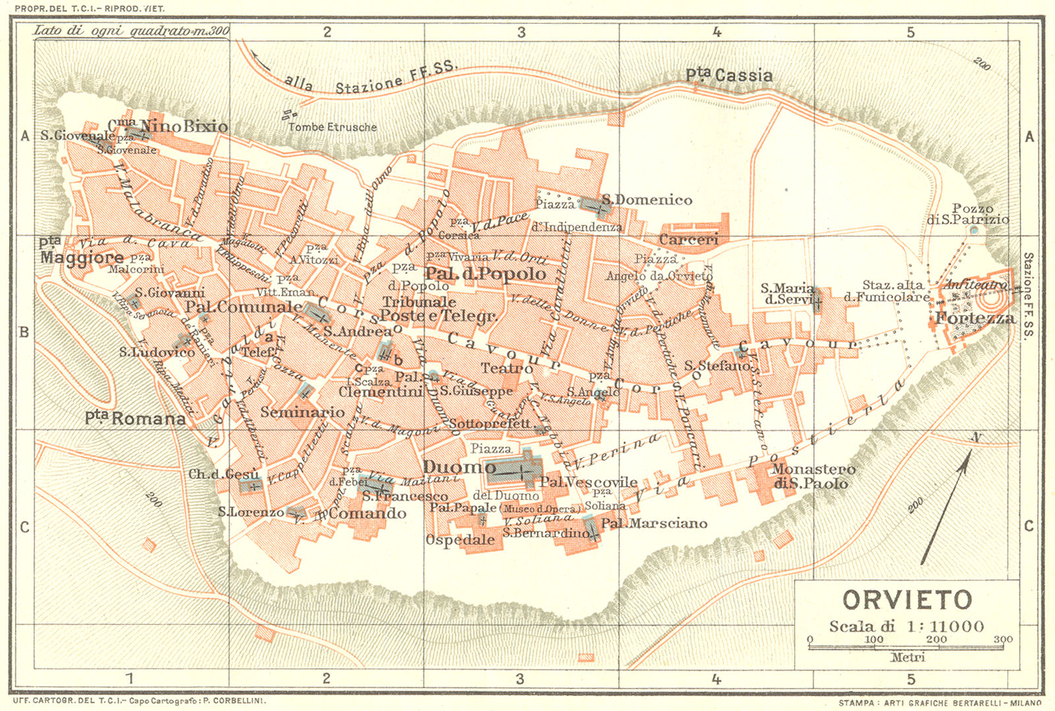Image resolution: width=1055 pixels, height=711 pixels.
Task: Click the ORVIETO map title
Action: coord(907,600)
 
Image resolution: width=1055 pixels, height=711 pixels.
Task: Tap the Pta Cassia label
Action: coord(729,75)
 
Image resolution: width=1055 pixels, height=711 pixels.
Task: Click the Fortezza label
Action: coord(975,319)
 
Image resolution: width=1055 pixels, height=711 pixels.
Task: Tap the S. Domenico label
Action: coord(646,200)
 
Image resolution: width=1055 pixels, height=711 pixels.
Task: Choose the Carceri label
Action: coord(688,239)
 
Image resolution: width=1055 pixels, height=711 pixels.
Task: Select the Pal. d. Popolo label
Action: coord(485,274)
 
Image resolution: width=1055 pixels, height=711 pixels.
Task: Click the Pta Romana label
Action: coord(135,418)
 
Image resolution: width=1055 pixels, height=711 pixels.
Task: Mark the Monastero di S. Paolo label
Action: coord(813,476)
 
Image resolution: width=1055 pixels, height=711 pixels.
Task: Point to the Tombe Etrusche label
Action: coord(332,127)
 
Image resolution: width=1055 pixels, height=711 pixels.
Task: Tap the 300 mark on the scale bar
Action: coord(1003,639)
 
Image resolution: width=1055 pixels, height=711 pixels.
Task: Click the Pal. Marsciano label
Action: coord(653,524)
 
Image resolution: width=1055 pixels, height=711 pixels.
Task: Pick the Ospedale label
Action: coord(460,540)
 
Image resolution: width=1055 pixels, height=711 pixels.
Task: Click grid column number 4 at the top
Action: coord(717,32)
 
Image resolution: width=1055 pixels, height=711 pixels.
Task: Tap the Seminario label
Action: coord(302,412)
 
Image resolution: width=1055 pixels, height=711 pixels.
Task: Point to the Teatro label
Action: coord(506,368)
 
